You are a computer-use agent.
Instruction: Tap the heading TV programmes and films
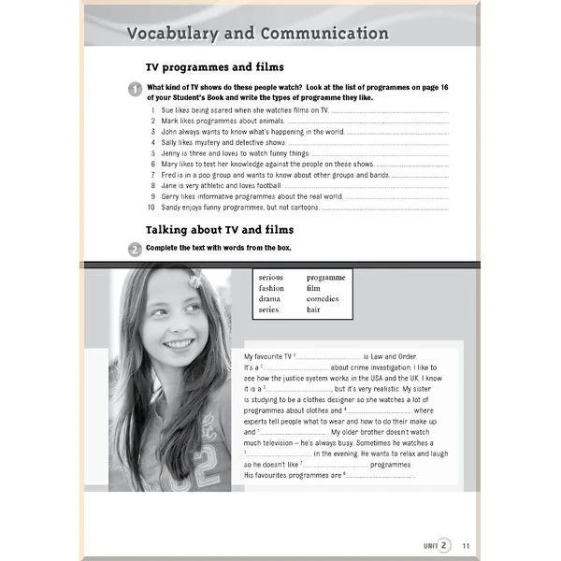coord(214,67)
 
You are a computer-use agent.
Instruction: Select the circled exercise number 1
coord(135,89)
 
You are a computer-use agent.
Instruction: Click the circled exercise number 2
coord(135,249)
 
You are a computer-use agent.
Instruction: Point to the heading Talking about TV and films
coord(220,229)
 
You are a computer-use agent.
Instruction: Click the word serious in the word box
coord(271,278)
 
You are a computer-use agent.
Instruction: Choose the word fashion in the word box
coord(271,288)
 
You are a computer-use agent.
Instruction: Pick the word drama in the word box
coord(269,299)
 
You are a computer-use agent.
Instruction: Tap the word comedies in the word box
coord(323,299)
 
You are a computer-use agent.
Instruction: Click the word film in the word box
coord(313,288)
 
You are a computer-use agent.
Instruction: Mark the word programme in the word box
coord(325,278)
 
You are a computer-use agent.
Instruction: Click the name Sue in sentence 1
coord(168,110)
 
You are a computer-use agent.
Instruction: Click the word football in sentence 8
coord(268,186)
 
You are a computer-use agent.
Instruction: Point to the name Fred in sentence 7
coord(169,175)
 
